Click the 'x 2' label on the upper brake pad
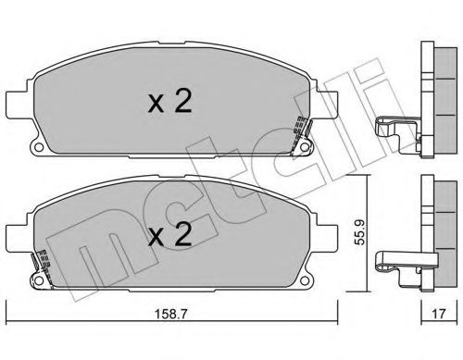[170, 102]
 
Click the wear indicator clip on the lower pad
[40, 265]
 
